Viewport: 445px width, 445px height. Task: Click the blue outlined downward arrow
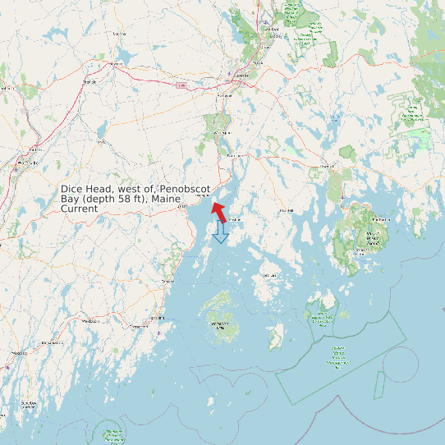tap(220, 232)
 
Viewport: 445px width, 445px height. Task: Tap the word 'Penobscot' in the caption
tap(185, 189)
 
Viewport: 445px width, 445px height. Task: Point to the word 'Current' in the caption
tap(79, 209)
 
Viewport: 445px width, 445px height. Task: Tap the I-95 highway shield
tap(180, 85)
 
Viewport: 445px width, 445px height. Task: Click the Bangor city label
tap(241, 75)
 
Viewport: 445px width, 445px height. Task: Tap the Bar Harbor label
tap(380, 220)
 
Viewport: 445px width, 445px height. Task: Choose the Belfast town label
tap(182, 208)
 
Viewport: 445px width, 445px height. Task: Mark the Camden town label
tap(167, 281)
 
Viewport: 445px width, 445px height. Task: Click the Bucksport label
tap(236, 154)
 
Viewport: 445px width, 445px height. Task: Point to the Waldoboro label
tap(85, 322)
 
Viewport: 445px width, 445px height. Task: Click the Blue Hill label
tap(287, 210)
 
